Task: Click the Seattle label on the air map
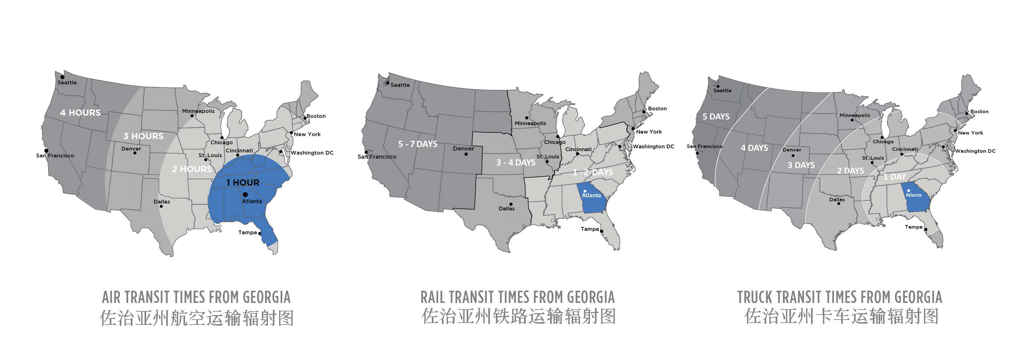(67, 83)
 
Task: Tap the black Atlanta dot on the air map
(245, 194)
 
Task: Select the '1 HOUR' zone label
(243, 183)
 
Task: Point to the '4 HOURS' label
(80, 113)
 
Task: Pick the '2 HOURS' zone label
(192, 169)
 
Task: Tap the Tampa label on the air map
(247, 233)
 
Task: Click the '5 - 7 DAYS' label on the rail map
(417, 144)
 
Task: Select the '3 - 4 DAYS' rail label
(516, 163)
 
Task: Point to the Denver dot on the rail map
(466, 154)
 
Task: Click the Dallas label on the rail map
(507, 209)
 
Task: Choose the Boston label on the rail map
(657, 109)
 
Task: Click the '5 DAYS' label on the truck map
(716, 117)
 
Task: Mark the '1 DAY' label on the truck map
(894, 177)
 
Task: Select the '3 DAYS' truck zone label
(801, 166)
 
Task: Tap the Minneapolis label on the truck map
(855, 115)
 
